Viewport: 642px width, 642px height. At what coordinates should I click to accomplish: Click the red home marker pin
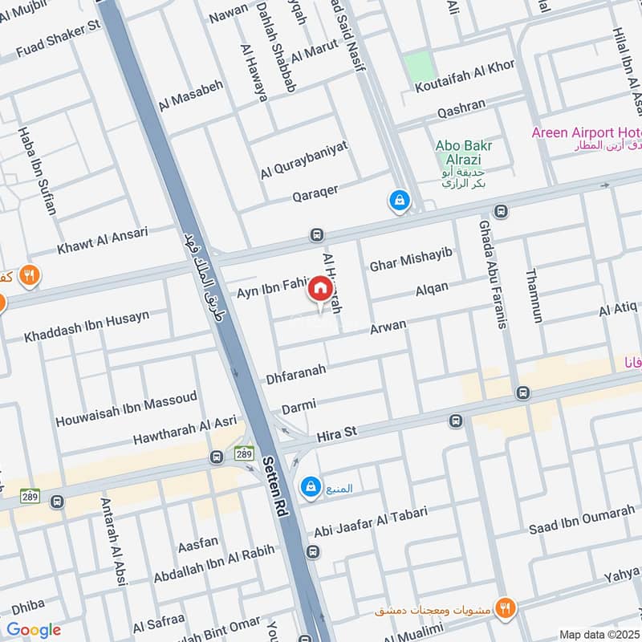(x=319, y=288)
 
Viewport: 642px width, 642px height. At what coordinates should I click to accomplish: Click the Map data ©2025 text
(x=599, y=634)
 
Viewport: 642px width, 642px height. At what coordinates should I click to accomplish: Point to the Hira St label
(x=336, y=433)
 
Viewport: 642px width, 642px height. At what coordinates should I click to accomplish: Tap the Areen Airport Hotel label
(x=587, y=132)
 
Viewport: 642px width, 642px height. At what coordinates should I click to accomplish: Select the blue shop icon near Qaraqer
(x=398, y=200)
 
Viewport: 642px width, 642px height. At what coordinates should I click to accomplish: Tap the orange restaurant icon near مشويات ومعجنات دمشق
(x=505, y=607)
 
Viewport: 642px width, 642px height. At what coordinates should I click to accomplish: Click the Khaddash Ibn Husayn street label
(x=87, y=326)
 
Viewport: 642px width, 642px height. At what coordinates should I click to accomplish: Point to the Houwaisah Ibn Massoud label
(x=126, y=409)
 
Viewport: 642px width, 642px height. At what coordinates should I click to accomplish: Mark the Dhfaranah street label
(x=296, y=373)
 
